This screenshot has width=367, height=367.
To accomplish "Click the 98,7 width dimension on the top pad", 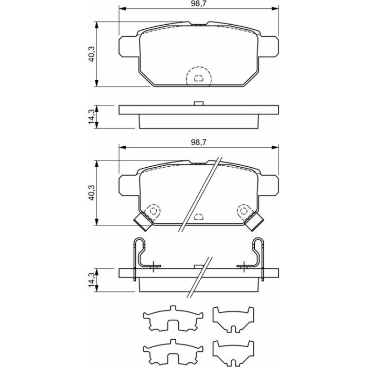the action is tap(199, 4).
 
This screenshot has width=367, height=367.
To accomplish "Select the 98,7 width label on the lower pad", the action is tap(199, 142).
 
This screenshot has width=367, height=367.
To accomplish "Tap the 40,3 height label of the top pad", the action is tap(91, 54).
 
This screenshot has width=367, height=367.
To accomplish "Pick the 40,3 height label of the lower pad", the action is tap(91, 192).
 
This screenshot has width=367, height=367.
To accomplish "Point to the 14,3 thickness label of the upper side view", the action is tap(91, 117).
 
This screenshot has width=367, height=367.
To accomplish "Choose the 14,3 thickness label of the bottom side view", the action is tap(91, 280).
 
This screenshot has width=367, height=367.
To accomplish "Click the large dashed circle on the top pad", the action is tap(199, 67).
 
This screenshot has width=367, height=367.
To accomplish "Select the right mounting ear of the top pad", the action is tap(268, 46).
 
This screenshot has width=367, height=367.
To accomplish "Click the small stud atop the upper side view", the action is tap(199, 103).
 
